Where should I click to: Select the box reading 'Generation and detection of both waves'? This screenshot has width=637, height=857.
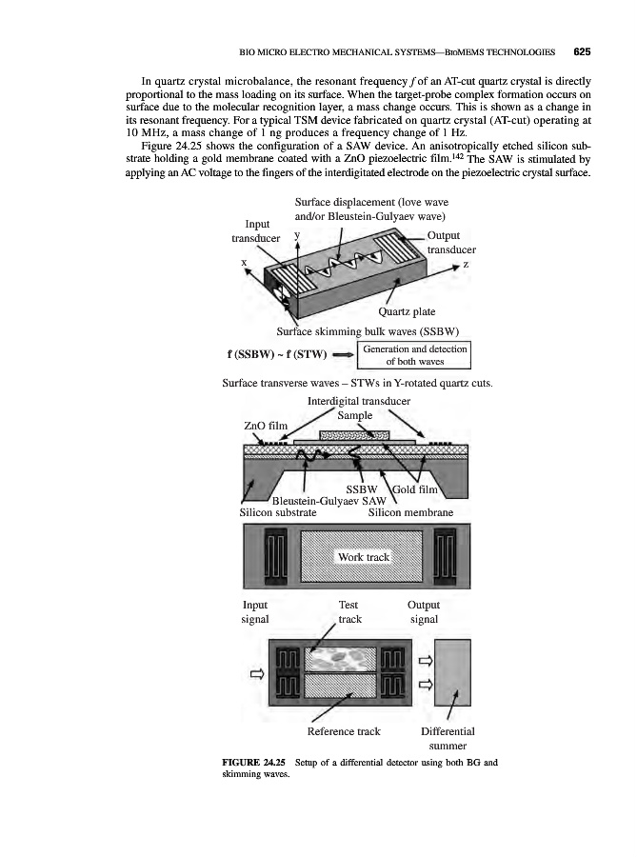[415, 354]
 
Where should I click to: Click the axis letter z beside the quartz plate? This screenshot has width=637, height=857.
[467, 265]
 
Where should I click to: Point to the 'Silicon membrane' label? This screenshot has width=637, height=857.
[410, 512]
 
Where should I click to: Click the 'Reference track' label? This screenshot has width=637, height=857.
[343, 731]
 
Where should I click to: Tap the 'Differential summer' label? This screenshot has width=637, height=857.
[447, 739]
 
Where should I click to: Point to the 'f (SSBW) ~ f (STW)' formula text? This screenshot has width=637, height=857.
[266, 355]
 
